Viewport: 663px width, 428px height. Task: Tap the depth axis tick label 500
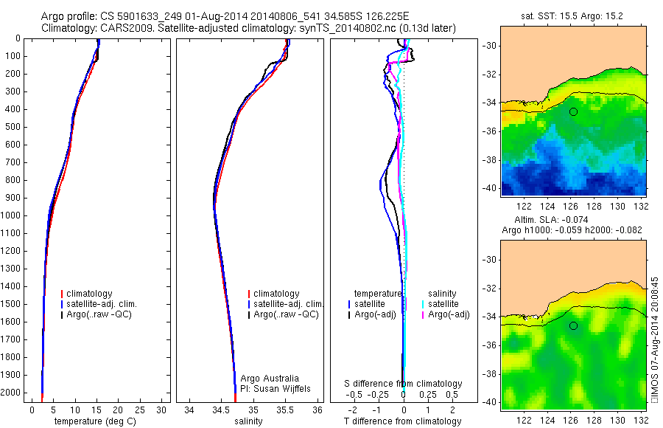(13, 127)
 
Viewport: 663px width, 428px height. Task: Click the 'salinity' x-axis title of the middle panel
(248, 421)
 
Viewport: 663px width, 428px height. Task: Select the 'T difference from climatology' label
(402, 421)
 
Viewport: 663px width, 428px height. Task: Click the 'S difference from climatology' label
(403, 384)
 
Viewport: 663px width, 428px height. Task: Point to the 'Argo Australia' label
(270, 378)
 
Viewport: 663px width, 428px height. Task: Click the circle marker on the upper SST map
(573, 111)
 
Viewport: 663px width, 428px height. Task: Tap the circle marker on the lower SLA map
(573, 325)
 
